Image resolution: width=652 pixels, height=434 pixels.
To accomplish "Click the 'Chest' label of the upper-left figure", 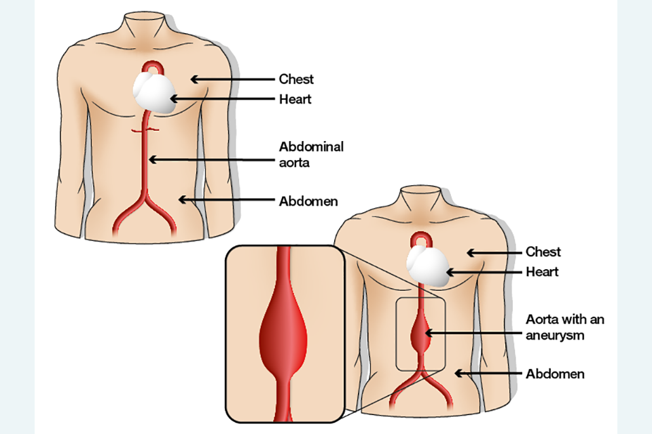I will coord(296,79).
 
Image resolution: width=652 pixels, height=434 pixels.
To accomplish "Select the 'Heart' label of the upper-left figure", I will coord(295,99).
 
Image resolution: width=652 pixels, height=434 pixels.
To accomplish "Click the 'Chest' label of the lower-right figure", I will coord(543,252).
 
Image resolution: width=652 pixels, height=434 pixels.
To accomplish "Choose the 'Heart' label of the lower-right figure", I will coord(543,272).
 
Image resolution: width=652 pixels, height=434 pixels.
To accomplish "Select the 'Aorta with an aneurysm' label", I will coord(565,326).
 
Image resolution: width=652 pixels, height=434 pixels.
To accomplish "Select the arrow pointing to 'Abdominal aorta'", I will coord(211,160).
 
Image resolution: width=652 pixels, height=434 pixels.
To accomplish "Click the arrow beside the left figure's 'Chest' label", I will coord(231,79).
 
